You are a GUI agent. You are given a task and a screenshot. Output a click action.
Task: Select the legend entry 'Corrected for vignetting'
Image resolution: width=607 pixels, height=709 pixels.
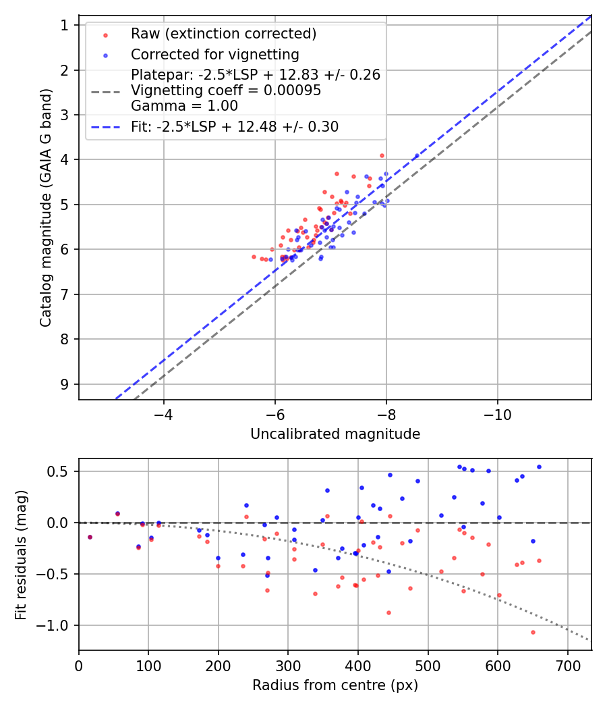pos(215,54)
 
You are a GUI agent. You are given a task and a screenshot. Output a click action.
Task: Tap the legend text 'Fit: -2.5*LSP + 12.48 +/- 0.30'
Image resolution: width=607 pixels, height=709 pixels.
pos(235,126)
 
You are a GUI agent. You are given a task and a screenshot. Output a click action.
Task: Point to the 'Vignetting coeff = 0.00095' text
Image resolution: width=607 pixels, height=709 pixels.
pos(226,90)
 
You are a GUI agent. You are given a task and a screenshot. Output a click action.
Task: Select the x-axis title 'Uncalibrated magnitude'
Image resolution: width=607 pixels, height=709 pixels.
pos(335,434)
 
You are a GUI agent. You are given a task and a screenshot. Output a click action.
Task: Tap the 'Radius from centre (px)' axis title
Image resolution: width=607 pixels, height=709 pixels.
pos(335,685)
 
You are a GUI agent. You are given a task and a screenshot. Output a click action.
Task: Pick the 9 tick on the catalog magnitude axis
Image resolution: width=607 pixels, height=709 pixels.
pos(65,384)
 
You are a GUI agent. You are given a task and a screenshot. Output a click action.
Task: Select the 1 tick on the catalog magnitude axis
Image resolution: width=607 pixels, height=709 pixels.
pos(65,25)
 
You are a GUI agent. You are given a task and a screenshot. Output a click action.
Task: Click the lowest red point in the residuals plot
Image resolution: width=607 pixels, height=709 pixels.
pos(533,632)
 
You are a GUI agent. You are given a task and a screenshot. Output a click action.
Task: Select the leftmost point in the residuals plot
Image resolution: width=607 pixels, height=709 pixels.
pos(90,537)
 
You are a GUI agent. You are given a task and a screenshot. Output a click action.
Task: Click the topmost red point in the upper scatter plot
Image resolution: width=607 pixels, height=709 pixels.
pos(382,155)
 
